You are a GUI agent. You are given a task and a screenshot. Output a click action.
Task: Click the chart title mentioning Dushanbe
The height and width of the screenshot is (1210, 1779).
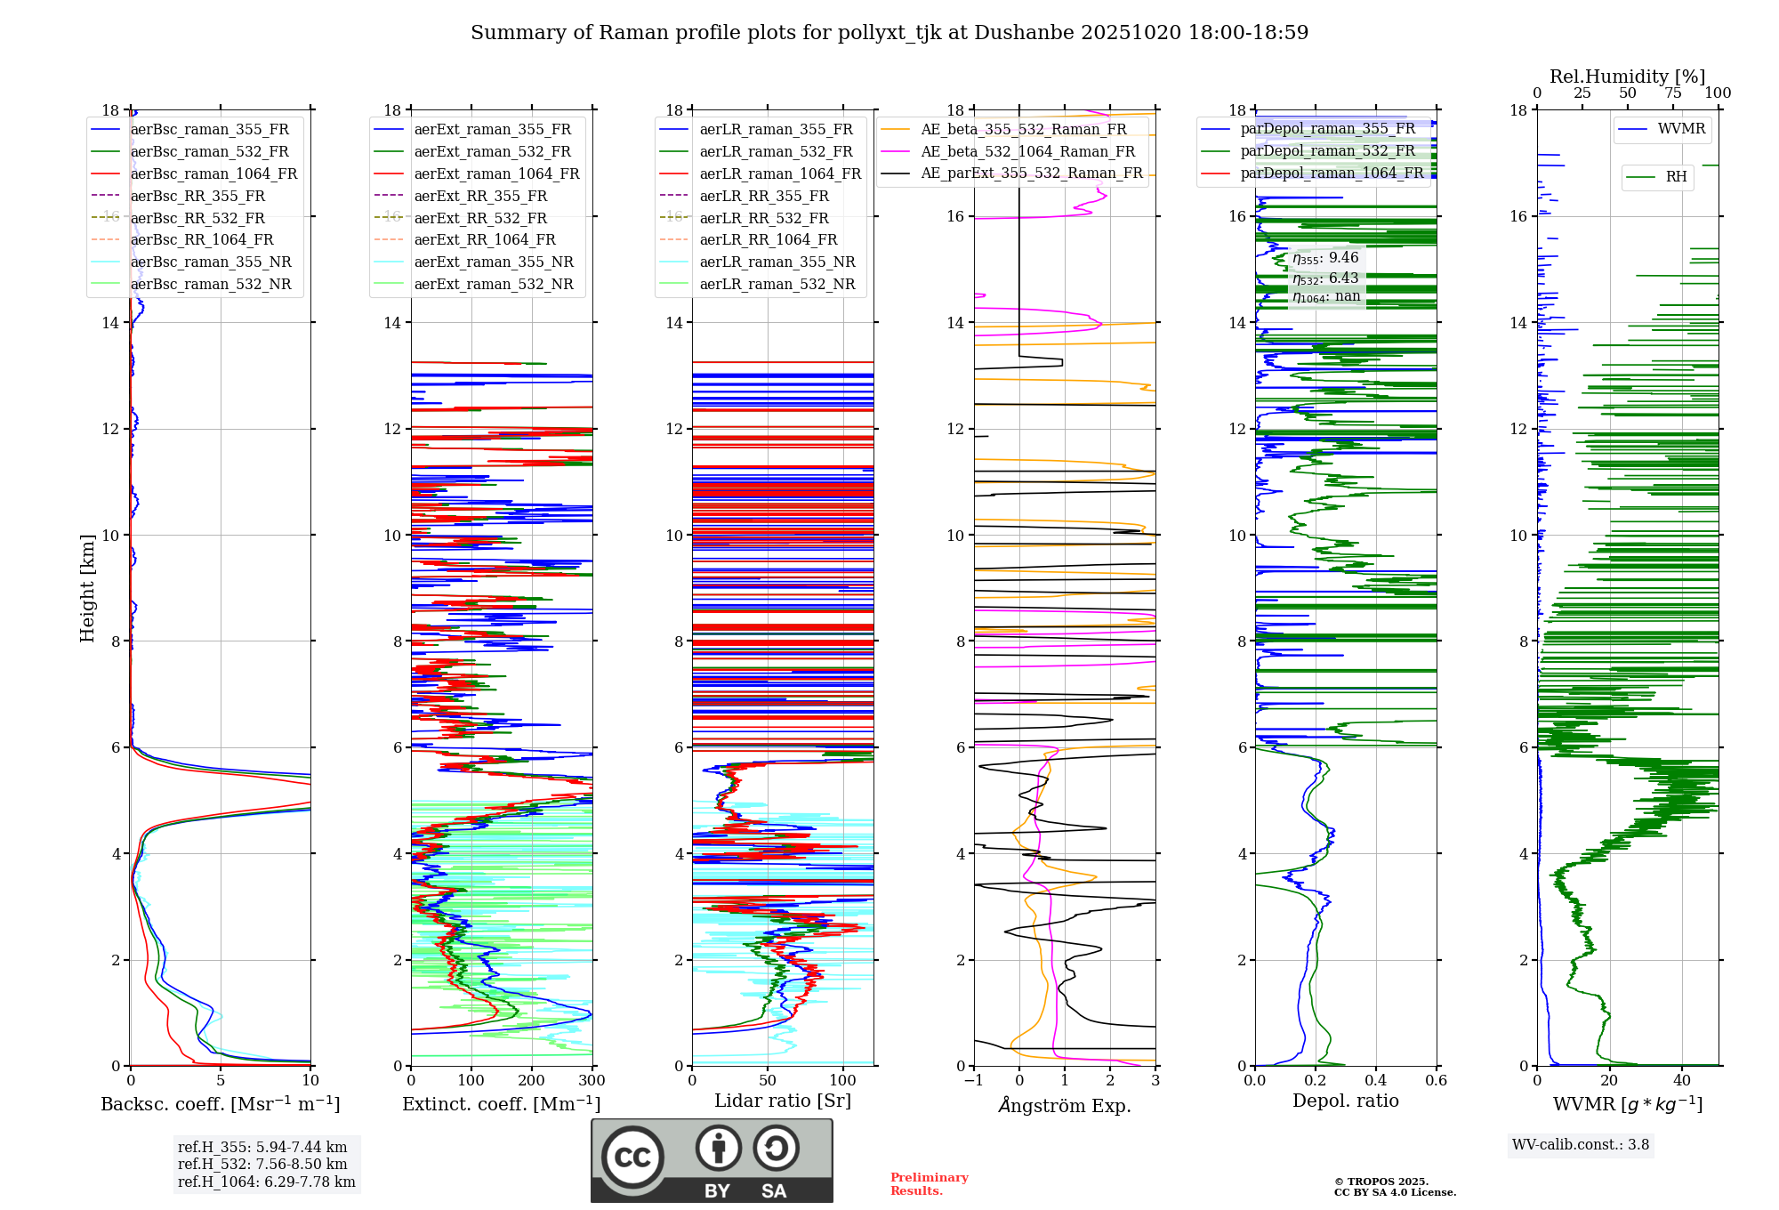tap(889, 33)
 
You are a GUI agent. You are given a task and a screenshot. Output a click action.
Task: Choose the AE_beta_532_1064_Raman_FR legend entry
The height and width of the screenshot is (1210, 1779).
tap(1027, 151)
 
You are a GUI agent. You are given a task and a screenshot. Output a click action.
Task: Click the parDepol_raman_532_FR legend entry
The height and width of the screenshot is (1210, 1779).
tap(1327, 150)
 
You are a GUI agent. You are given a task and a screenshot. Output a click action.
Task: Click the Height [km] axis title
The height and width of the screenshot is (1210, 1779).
tap(87, 587)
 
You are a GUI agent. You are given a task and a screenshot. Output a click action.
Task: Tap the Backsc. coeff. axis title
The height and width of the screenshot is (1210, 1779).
tap(220, 1104)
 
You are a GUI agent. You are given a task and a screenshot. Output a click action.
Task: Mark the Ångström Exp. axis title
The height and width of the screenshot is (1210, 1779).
tap(1065, 1105)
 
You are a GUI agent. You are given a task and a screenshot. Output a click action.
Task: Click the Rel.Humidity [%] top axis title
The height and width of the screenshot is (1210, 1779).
tap(1627, 77)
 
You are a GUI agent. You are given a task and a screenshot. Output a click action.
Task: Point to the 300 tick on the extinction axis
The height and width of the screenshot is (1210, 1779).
tap(592, 1080)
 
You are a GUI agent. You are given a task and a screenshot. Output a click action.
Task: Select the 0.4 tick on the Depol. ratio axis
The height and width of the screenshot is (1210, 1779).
tap(1375, 1080)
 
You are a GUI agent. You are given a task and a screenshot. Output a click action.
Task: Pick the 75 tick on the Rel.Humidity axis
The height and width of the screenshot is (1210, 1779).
tap(1672, 93)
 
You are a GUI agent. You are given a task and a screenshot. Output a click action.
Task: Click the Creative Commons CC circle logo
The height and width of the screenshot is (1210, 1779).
tap(632, 1157)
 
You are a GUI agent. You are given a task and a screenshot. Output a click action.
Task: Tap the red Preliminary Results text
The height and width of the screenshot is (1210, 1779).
tap(929, 1183)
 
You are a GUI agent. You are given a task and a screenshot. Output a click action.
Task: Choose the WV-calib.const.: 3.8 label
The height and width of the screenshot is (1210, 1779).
tap(1581, 1144)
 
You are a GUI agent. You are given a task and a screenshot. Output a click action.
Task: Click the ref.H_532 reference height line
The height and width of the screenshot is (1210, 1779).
tap(262, 1164)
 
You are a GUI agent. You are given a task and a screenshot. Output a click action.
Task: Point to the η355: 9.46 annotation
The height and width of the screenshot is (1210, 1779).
tap(1325, 258)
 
